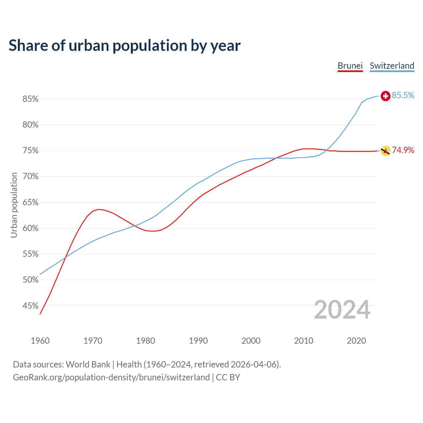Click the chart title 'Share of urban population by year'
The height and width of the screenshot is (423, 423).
(x=125, y=46)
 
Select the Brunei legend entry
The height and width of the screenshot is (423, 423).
(x=350, y=66)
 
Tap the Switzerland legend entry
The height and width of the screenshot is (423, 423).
(x=392, y=66)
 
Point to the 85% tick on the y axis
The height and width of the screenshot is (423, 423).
(x=30, y=99)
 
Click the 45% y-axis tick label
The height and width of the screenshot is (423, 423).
(x=30, y=306)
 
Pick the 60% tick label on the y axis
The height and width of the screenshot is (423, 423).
(x=30, y=228)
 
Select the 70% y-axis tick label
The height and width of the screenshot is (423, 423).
(x=30, y=176)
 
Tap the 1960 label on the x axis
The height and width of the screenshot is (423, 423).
(x=40, y=341)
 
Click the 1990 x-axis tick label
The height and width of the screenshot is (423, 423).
(x=198, y=341)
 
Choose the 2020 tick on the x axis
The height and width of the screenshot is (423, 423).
(x=356, y=341)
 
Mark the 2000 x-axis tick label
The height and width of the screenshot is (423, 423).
(x=251, y=341)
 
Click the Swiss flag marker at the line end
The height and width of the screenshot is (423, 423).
(x=385, y=96)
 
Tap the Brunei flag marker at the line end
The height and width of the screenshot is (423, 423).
(x=385, y=151)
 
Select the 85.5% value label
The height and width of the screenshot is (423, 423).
(x=403, y=96)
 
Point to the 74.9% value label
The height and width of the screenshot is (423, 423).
(x=403, y=150)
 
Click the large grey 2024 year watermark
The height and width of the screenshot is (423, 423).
(x=342, y=310)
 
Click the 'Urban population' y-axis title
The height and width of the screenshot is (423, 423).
(x=14, y=205)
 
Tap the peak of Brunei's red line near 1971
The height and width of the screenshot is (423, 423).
(x=98, y=209)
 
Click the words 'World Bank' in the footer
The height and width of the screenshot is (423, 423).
(x=88, y=365)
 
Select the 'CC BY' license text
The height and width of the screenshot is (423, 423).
(x=228, y=377)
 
